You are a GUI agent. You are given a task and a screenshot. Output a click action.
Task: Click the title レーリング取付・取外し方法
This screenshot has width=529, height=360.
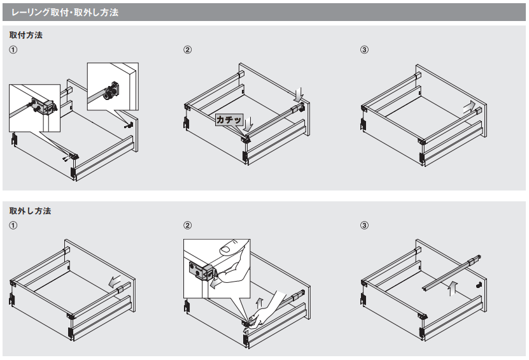click(x=65, y=13)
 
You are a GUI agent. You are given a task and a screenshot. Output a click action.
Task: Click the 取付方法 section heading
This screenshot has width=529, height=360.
click(x=26, y=35)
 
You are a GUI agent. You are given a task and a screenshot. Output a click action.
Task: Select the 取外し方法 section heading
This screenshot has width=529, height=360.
click(x=30, y=211)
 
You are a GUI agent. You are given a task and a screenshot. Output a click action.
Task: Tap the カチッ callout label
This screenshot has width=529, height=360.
click(x=229, y=120)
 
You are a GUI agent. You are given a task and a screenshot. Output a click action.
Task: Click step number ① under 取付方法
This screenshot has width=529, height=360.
click(x=13, y=50)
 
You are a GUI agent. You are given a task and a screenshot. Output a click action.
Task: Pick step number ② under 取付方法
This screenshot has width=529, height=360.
click(x=188, y=50)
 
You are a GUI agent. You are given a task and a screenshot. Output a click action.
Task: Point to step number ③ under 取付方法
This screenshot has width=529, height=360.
click(x=364, y=50)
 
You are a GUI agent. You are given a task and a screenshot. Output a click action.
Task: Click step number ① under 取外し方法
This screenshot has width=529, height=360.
click(x=13, y=226)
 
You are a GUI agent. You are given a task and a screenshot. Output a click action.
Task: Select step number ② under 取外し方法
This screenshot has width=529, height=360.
click(x=188, y=226)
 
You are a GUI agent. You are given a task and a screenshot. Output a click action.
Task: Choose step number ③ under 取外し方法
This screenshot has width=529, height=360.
click(x=364, y=226)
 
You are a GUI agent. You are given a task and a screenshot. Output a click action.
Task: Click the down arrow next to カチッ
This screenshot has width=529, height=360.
click(x=248, y=124)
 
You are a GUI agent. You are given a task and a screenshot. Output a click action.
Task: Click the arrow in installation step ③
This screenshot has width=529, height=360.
click(x=469, y=107)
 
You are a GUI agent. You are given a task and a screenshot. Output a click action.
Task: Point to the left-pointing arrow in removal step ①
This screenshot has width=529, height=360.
click(x=115, y=281)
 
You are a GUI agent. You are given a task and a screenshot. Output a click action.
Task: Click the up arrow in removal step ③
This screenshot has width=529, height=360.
click(x=453, y=288)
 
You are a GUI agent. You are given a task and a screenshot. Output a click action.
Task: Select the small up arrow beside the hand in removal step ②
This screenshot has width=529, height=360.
click(x=259, y=303)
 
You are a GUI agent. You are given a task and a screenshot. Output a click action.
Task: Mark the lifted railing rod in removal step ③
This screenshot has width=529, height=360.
click(x=451, y=273)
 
